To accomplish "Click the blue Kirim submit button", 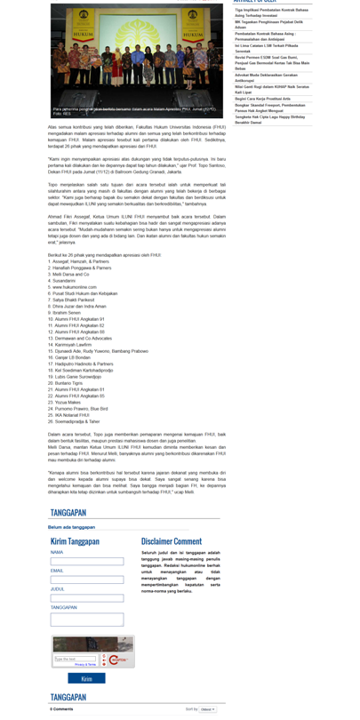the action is [86, 678].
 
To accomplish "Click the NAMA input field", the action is [86, 562].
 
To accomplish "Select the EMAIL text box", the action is [86, 580].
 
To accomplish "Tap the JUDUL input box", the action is [86, 598].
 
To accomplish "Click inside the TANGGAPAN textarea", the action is [86, 620].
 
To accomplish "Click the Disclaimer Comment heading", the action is [172, 541].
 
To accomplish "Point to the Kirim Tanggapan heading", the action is [75, 541].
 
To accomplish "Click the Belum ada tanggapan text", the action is [71, 526].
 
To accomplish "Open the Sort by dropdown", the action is [208, 709].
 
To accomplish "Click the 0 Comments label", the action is [61, 709].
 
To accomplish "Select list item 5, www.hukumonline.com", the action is [74, 287].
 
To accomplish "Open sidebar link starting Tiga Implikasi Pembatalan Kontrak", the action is [271, 12].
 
